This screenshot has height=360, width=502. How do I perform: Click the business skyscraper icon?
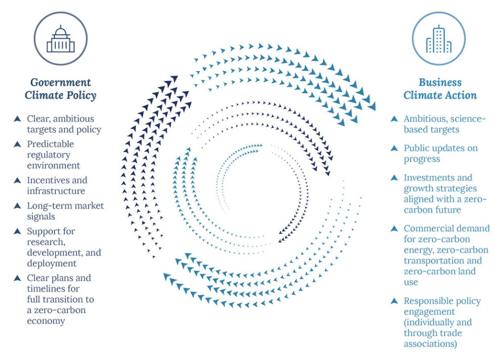pos(439,39)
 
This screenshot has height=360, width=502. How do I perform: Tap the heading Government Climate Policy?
pos(61,89)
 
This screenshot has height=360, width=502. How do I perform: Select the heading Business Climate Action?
pos(440,89)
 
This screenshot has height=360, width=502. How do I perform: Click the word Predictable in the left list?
pos(50,144)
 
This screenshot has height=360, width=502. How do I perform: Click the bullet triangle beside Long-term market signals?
pos(17,206)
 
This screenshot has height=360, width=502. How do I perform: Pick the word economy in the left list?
pos(46,321)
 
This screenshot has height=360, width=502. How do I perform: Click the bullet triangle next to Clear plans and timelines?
pos(17,278)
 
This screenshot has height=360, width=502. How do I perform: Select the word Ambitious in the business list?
pos(426,119)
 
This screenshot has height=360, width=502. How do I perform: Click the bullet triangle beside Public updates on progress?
pos(394,148)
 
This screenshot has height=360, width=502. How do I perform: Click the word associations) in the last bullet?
pos(430,344)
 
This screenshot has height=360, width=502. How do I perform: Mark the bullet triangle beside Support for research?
pos(17,231)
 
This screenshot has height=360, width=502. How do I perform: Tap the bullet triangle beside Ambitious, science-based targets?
pos(394,119)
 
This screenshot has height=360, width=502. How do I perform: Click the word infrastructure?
pos(56,191)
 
